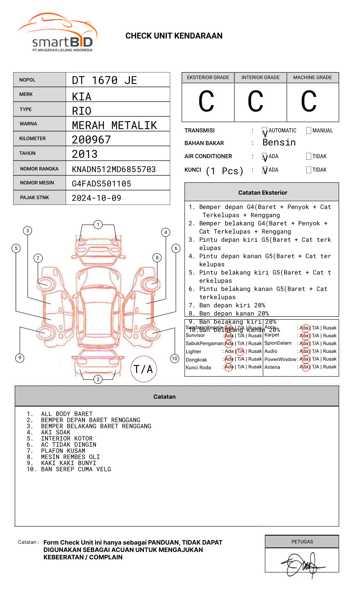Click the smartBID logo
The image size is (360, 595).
click(x=57, y=33)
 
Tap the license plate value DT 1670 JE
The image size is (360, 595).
click(x=104, y=80)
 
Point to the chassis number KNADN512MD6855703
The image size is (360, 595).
click(x=114, y=169)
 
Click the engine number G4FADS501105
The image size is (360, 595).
click(x=101, y=184)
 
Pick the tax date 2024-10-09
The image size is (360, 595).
click(x=96, y=198)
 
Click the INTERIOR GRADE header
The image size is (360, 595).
click(x=260, y=77)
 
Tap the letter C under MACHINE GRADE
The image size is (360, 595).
click(x=309, y=102)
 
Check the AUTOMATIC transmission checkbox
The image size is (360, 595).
click(x=265, y=131)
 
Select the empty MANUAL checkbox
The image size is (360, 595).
click(x=309, y=131)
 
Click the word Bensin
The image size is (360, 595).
click(x=279, y=143)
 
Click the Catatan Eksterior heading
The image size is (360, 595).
click(x=262, y=193)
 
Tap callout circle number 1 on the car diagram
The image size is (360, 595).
click(x=98, y=225)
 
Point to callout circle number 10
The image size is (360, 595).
click(x=175, y=359)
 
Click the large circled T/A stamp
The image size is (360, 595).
click(x=144, y=369)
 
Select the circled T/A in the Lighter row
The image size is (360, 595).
click(x=240, y=351)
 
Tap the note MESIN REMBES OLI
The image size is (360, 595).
click(x=70, y=457)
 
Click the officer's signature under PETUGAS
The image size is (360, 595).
click(x=303, y=565)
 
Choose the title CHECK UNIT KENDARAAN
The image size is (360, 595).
click(x=174, y=36)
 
